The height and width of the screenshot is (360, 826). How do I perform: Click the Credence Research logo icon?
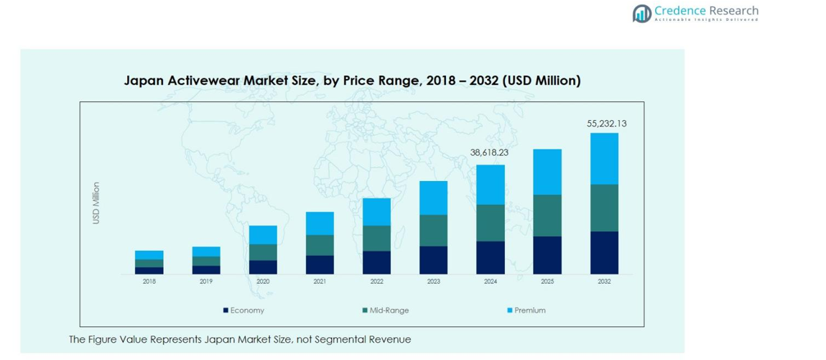641,13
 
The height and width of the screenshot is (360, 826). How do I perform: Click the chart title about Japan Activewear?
352,80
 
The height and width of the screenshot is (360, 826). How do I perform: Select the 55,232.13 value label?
606,124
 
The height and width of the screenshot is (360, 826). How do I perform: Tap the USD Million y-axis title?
96,203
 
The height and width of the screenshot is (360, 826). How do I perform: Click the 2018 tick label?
149,282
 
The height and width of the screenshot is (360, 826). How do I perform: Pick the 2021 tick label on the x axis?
320,282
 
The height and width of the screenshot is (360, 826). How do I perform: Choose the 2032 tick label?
604,282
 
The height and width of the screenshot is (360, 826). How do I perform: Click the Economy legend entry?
243,310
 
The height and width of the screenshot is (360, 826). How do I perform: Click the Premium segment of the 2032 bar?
604,159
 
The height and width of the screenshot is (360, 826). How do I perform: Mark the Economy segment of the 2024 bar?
491,257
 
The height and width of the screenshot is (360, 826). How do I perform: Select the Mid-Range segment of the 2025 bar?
547,216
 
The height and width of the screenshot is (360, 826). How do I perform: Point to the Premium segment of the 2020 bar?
263,235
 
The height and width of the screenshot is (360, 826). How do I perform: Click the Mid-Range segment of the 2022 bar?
376,238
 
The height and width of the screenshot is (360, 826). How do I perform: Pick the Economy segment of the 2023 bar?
433,259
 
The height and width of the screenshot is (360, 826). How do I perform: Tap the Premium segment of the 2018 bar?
149,255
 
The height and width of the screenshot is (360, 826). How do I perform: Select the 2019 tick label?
206,282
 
